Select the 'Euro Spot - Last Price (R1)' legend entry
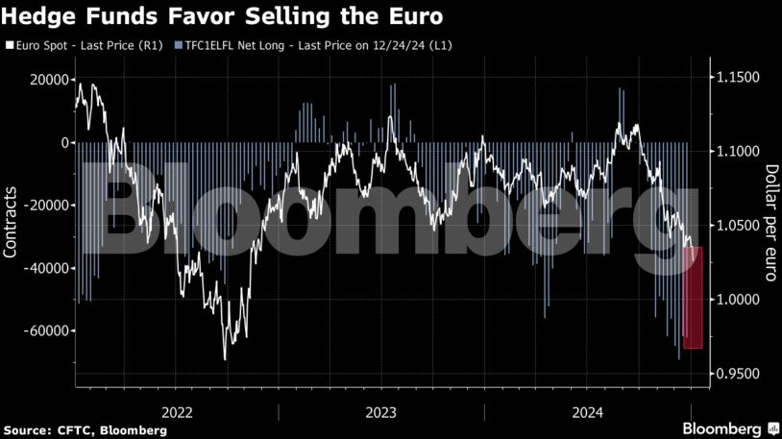tap(87, 45)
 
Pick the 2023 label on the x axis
tap(380, 412)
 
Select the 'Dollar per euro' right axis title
tap(770, 223)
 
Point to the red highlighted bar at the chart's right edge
tap(693, 297)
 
